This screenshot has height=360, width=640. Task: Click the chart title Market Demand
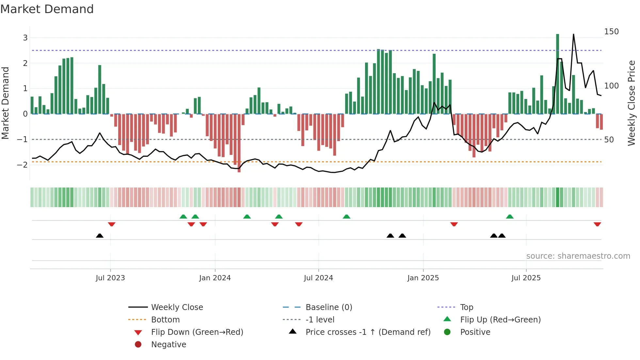click(x=47, y=9)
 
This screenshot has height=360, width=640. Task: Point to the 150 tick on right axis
click(x=611, y=32)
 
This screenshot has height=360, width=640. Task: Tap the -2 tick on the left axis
click(x=22, y=165)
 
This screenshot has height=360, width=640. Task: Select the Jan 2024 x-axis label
click(x=215, y=278)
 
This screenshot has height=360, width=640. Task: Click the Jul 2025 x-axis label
click(x=526, y=278)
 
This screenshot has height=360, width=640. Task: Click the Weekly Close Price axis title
click(x=632, y=103)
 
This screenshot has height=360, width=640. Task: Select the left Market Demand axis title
click(x=6, y=103)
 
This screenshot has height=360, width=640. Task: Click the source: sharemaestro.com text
click(x=578, y=256)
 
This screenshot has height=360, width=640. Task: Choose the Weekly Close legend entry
click(x=177, y=307)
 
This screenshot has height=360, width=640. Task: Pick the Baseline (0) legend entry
click(x=328, y=307)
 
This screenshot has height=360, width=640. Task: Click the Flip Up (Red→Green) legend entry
click(x=500, y=320)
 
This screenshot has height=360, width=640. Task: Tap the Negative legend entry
click(x=168, y=345)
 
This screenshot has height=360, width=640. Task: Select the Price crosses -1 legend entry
click(x=368, y=332)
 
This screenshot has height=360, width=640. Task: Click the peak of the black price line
click(x=573, y=35)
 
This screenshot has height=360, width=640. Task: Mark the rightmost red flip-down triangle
click(x=597, y=224)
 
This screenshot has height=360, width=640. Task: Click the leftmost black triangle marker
click(x=100, y=236)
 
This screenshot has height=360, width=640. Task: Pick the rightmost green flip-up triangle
click(x=510, y=217)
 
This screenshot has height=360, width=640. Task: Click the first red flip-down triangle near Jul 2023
click(x=112, y=224)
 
